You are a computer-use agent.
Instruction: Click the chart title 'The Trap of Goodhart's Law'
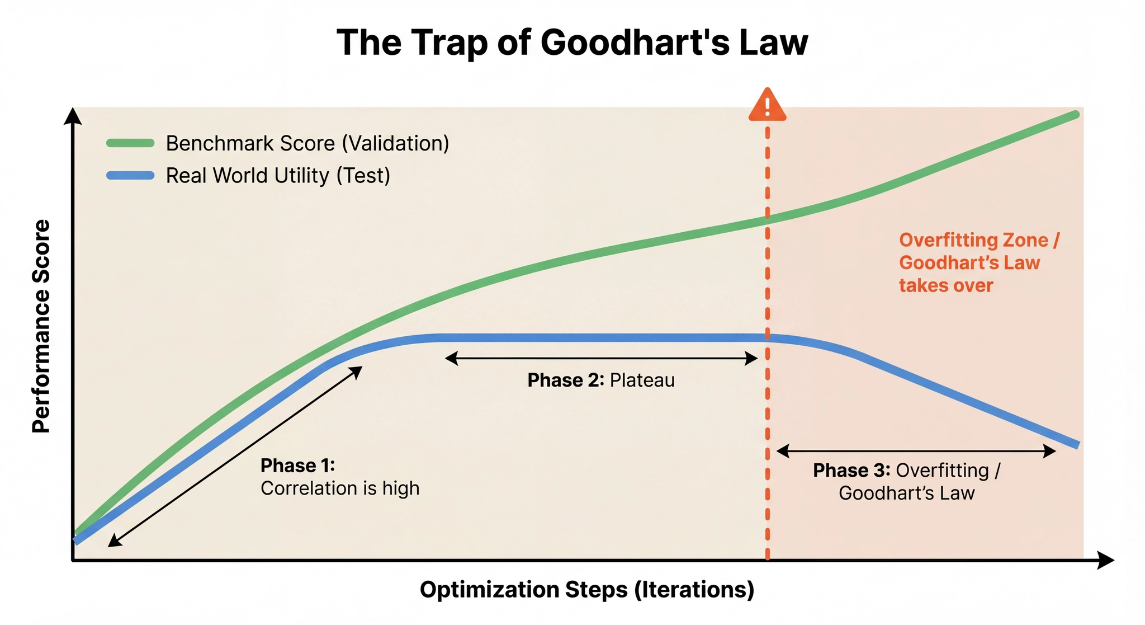(x=572, y=42)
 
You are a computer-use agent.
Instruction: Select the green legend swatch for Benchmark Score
(x=130, y=143)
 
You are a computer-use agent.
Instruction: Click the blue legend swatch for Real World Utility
(x=130, y=176)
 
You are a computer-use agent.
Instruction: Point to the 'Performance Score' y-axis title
(x=41, y=326)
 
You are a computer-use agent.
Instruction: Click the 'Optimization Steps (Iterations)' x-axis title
(x=587, y=590)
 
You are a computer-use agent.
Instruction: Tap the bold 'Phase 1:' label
(x=297, y=466)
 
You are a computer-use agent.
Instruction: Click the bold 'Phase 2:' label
(x=565, y=380)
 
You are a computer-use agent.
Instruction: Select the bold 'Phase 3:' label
(x=851, y=471)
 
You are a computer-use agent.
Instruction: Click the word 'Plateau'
(x=642, y=380)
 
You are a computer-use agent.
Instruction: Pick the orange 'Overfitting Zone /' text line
(x=979, y=240)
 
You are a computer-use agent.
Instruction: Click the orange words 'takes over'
(x=946, y=285)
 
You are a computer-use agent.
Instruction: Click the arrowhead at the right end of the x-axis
(x=1106, y=560)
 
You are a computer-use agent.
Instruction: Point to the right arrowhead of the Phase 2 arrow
(x=752, y=359)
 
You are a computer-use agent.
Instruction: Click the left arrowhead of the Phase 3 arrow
(x=782, y=451)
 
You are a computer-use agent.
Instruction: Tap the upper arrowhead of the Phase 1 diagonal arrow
(x=356, y=372)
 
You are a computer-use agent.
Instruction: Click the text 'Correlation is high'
(x=340, y=488)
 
